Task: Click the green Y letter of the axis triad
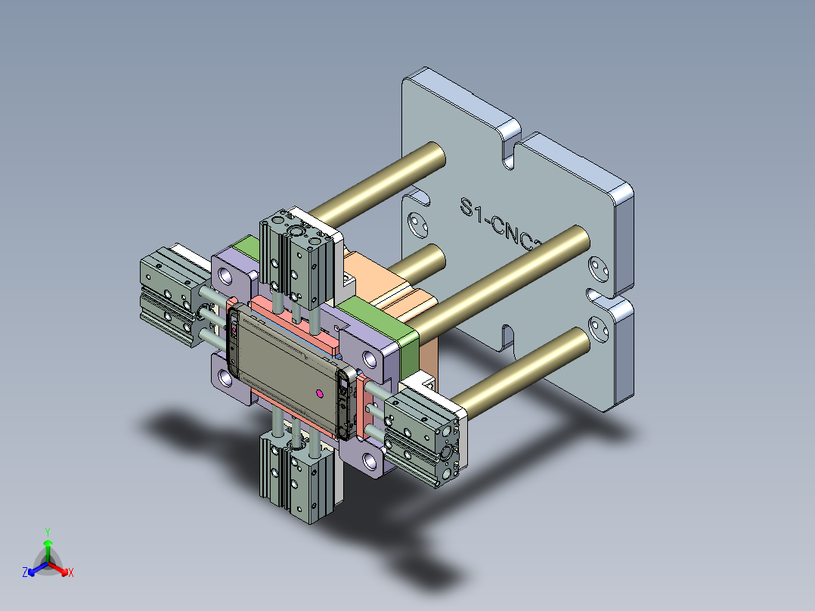coord(47,532)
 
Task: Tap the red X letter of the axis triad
coord(71,572)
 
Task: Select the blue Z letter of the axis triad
coord(25,572)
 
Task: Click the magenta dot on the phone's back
coord(319,392)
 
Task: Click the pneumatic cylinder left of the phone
coord(170,291)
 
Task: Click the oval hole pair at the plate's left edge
coord(417,225)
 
